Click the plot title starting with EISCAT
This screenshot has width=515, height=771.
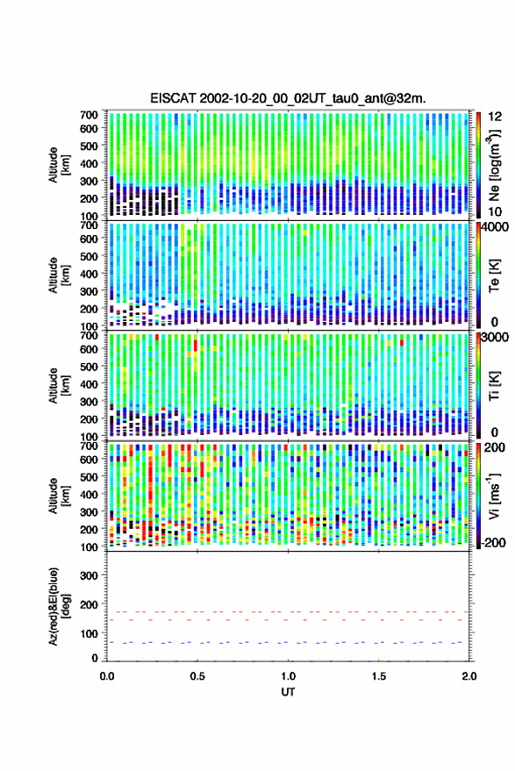pyautogui.click(x=288, y=98)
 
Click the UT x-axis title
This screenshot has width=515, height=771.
pyautogui.click(x=288, y=692)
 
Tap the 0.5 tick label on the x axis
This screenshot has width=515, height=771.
pyautogui.click(x=197, y=676)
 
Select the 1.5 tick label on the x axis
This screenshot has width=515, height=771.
pyautogui.click(x=379, y=676)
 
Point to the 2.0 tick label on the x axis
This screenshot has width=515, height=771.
pyautogui.click(x=469, y=676)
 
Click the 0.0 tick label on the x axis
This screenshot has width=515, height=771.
pyautogui.click(x=107, y=676)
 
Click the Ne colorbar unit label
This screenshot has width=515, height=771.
pyautogui.click(x=494, y=165)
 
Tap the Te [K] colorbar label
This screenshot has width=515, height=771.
pyautogui.click(x=494, y=275)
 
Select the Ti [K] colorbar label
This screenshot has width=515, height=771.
pyautogui.click(x=494, y=386)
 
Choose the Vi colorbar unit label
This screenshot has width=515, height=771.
pyautogui.click(x=494, y=496)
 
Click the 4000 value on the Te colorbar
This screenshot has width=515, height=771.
pyautogui.click(x=494, y=227)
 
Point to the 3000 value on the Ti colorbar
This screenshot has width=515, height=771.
pyautogui.click(x=494, y=338)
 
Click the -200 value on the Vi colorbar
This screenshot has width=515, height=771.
pyautogui.click(x=492, y=543)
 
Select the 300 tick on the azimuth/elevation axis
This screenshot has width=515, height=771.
pyautogui.click(x=89, y=575)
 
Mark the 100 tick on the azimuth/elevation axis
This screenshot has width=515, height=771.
pyautogui.click(x=89, y=633)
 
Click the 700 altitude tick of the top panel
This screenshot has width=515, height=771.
pyautogui.click(x=89, y=115)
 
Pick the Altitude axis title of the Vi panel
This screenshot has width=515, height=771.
pyautogui.click(x=59, y=496)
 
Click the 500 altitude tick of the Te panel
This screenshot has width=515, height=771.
pyautogui.click(x=89, y=256)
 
